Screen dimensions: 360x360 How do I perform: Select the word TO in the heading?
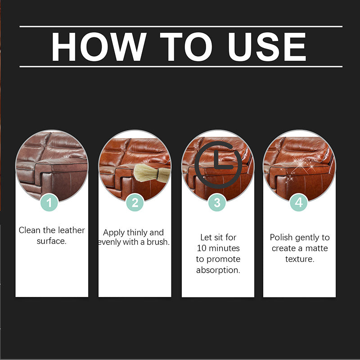coord(186,47)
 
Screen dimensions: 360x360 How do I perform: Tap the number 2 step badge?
coord(135,203)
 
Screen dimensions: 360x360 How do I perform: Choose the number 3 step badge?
coord(217,203)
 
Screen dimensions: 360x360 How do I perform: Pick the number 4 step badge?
coord(299,203)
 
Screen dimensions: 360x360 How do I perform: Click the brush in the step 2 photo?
coord(152,173)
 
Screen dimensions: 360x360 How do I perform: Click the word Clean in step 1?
coord(29,230)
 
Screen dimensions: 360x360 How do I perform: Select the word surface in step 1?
coord(51,241)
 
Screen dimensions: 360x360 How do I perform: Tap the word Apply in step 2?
coord(113,233)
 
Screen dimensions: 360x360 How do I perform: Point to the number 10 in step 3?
coord(202,248)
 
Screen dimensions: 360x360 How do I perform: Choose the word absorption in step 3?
coord(218,270)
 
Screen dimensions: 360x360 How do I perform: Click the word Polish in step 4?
coord(281,237)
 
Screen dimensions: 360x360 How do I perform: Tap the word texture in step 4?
coord(299,259)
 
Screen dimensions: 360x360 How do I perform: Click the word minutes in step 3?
coord(225,248)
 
